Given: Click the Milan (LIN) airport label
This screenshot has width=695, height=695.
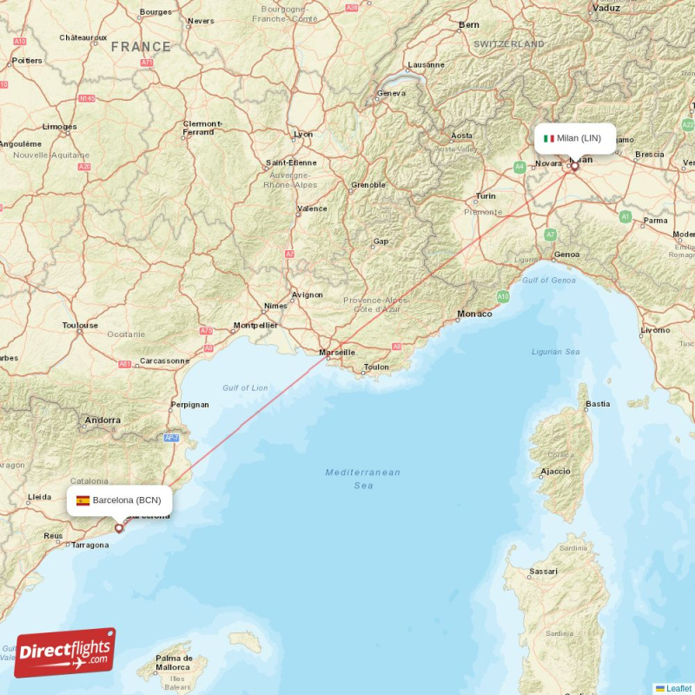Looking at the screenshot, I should (578, 138).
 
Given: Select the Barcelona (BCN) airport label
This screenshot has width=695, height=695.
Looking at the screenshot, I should (126, 500).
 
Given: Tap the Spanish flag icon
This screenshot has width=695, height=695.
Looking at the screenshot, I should (83, 500).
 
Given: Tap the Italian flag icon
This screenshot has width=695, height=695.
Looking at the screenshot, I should (549, 138).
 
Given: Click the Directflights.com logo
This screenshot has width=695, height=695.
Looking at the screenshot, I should (65, 652).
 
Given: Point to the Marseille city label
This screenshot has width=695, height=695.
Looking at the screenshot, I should (337, 353).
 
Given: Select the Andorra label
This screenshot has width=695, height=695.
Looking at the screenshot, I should (103, 420).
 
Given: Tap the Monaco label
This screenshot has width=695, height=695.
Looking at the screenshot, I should (474, 314).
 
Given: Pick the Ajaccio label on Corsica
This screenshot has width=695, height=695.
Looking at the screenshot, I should (555, 472).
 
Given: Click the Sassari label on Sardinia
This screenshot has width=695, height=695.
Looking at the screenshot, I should (543, 573).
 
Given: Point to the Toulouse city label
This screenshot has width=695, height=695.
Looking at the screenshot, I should (80, 326).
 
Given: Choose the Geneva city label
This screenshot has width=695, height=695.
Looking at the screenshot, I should (391, 93).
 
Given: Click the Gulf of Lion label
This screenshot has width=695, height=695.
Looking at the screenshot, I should (245, 387).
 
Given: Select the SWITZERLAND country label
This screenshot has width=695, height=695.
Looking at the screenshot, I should (509, 43).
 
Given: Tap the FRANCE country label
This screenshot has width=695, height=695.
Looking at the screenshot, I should (141, 47).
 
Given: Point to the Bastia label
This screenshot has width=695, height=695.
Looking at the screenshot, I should (598, 404).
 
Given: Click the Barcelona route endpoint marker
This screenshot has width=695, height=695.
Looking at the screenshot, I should (119, 527).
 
